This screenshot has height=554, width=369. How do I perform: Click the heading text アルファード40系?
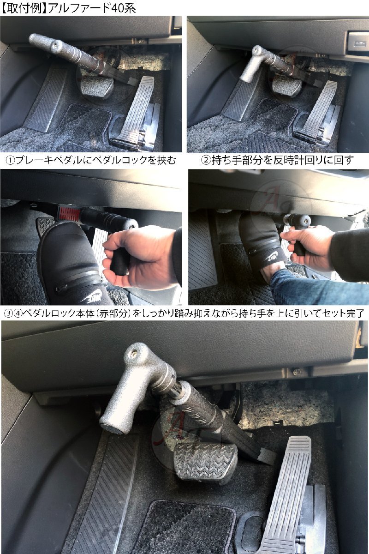pyautogui.click(x=92, y=8)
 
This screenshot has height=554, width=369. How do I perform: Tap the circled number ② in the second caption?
pyautogui.click(x=206, y=161)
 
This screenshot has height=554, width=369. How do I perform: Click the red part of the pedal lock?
pyautogui.click(x=67, y=212)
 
